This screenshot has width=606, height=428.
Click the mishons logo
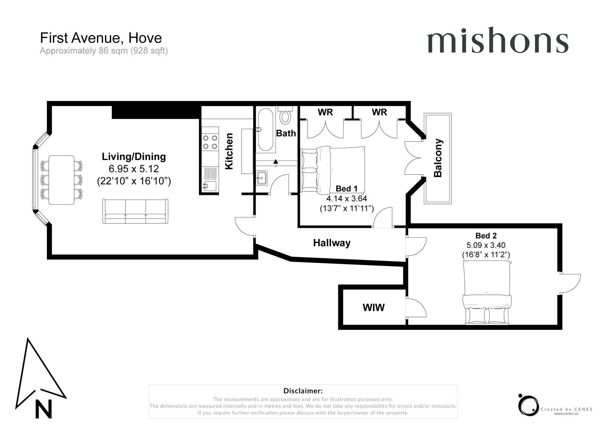(498, 40)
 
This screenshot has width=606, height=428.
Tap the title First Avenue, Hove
(101, 38)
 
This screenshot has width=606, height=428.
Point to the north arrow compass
(41, 378)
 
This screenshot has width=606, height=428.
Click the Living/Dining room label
(134, 157)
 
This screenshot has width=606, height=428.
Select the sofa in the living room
(135, 211)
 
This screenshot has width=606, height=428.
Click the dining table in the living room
(61, 180)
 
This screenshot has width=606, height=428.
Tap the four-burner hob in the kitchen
(210, 142)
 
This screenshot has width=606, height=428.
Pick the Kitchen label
(229, 151)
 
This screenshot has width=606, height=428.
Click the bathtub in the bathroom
(266, 129)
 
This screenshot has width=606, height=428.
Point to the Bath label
(286, 133)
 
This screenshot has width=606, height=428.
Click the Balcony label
(438, 158)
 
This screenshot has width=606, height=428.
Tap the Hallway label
(332, 243)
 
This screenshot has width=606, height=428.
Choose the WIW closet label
(373, 307)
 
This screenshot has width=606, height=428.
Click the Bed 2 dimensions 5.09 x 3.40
(486, 245)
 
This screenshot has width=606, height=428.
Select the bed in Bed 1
(333, 170)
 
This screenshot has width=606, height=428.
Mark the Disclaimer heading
(303, 391)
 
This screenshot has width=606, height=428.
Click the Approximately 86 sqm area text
(104, 51)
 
